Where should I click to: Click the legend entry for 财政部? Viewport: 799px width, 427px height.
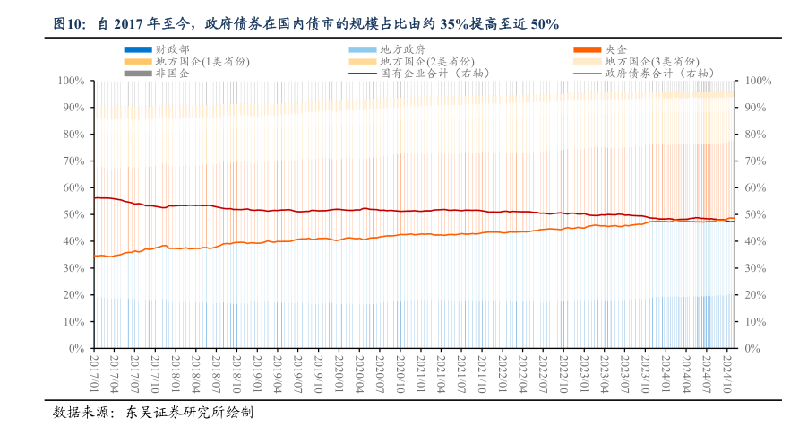[171, 48]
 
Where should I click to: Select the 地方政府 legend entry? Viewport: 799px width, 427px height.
[402, 48]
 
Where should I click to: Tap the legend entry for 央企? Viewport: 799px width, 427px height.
[615, 48]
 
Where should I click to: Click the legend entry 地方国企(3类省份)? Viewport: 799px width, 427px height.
[651, 61]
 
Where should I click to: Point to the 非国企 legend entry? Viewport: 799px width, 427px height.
[171, 74]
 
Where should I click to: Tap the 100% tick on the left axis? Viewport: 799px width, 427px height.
[71, 81]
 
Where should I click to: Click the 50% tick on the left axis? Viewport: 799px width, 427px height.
[73, 214]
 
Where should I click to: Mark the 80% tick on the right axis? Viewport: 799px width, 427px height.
[757, 135]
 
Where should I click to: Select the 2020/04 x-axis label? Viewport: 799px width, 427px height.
[357, 372]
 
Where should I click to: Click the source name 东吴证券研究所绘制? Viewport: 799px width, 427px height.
[189, 414]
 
